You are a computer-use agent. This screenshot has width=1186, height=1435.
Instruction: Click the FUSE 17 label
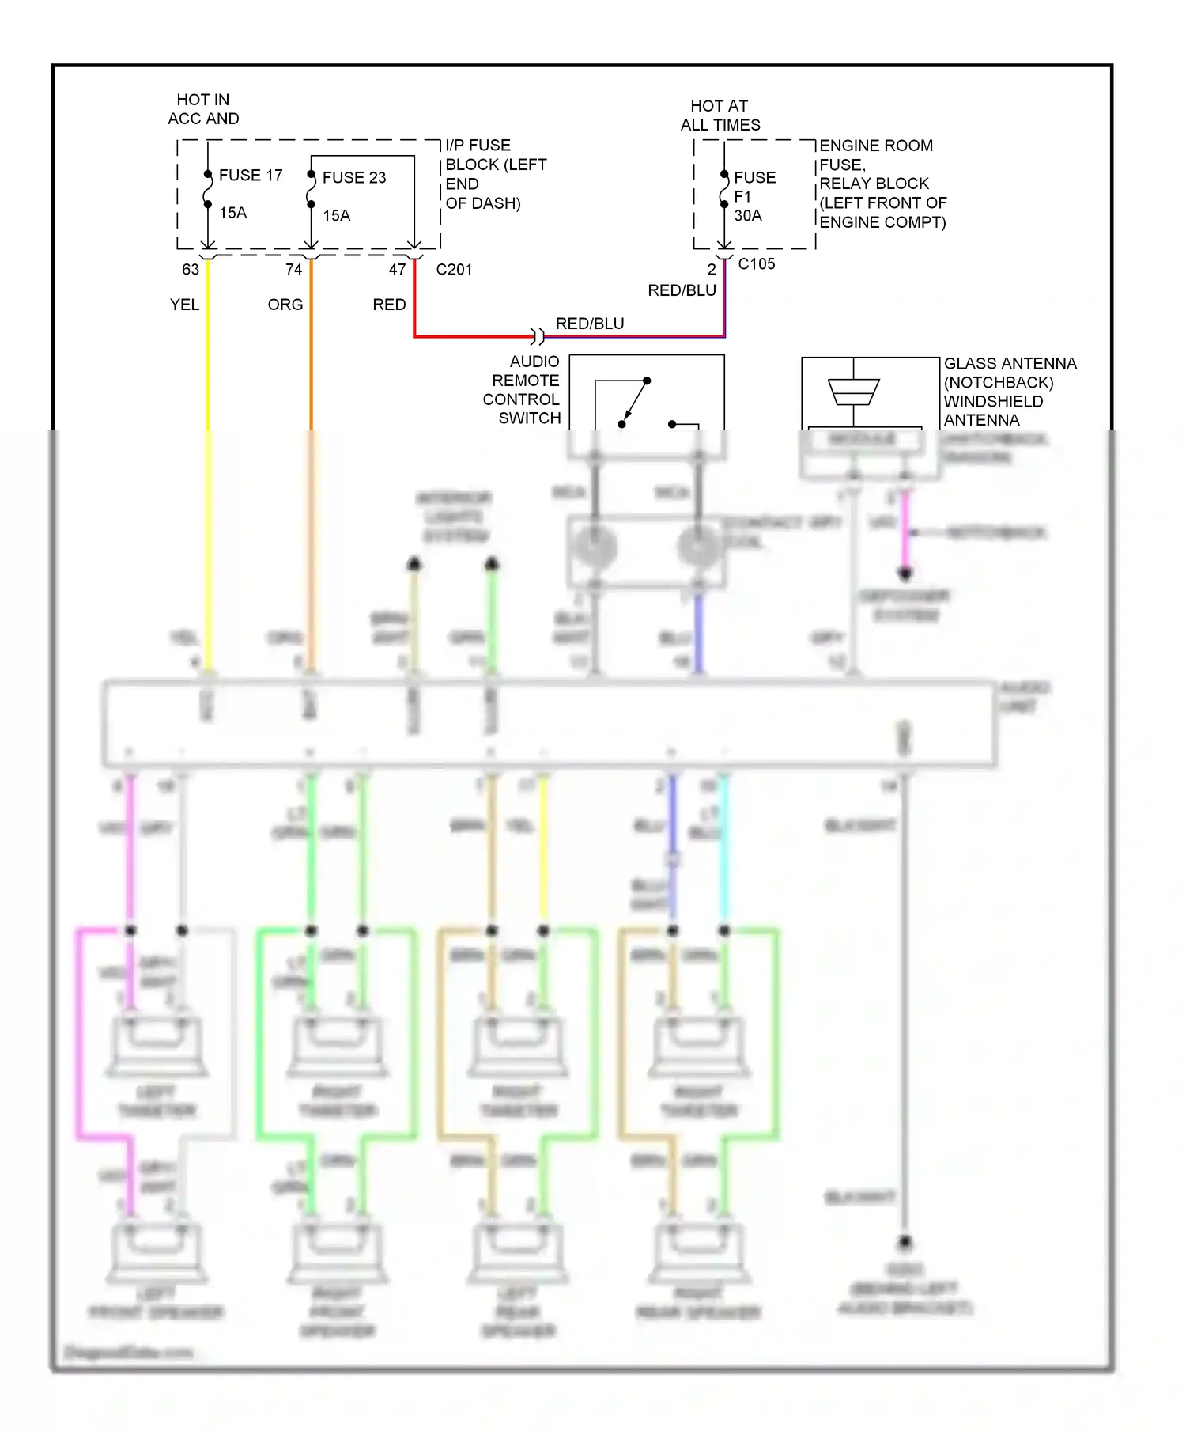tap(250, 175)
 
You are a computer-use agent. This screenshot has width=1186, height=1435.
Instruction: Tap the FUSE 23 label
tap(353, 177)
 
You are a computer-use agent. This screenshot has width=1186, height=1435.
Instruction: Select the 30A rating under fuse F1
tap(748, 215)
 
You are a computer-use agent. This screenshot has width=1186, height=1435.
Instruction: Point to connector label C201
tap(454, 269)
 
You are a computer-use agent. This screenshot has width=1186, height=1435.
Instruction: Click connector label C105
tap(756, 263)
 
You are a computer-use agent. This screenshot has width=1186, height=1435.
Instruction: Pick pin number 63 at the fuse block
tap(191, 269)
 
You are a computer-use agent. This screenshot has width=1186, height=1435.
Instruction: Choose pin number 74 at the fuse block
tap(294, 269)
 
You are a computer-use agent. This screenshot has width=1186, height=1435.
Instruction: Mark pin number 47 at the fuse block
tap(397, 269)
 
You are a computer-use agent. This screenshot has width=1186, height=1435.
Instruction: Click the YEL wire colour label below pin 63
tap(184, 305)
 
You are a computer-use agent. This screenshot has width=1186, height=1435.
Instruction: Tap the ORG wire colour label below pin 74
tap(285, 305)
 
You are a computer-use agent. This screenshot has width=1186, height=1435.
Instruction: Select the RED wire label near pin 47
tap(389, 305)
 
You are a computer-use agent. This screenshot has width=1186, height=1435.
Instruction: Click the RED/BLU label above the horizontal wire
tap(590, 323)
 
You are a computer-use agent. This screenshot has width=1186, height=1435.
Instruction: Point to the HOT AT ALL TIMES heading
tap(720, 115)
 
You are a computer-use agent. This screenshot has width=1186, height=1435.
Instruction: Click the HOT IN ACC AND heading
tap(203, 109)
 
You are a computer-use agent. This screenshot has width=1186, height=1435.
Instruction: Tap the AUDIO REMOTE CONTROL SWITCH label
tap(523, 389)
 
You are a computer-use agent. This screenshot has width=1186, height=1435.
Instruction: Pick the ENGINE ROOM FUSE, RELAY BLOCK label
tap(882, 184)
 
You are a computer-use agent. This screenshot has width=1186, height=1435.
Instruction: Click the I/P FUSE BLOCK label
tap(495, 174)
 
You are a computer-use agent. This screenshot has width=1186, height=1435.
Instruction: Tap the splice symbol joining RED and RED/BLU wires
tap(538, 336)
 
